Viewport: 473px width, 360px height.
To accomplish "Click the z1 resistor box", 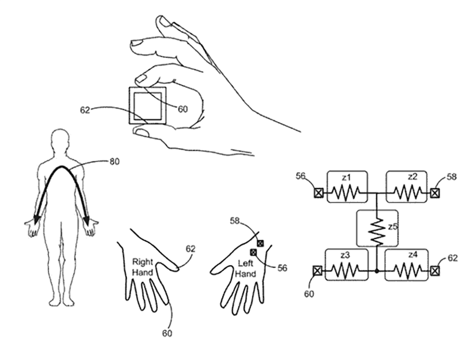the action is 347,186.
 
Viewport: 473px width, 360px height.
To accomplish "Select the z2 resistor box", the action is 406,186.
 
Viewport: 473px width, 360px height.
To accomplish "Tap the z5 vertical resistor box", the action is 377,228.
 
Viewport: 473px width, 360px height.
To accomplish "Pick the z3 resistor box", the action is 346,264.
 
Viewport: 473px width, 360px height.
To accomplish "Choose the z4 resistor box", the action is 406,264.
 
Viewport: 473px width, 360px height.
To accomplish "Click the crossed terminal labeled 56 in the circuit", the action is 318,193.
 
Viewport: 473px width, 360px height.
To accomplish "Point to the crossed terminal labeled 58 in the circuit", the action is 435,193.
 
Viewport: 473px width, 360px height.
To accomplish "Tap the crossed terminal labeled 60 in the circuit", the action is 317,271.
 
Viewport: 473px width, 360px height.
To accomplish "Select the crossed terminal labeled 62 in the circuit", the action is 435,271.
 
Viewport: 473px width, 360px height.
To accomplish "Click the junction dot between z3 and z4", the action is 377,271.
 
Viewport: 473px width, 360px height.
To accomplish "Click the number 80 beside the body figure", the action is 114,162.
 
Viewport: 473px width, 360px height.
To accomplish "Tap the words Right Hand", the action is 143,267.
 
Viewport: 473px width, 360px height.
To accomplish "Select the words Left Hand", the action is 245,268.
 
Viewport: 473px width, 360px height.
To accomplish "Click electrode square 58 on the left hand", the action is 260,243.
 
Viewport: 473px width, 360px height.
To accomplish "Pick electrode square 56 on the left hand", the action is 253,252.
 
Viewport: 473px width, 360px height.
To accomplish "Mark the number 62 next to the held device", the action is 85,110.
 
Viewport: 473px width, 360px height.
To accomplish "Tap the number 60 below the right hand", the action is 167,333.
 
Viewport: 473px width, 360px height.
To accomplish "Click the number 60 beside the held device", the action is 182,109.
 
